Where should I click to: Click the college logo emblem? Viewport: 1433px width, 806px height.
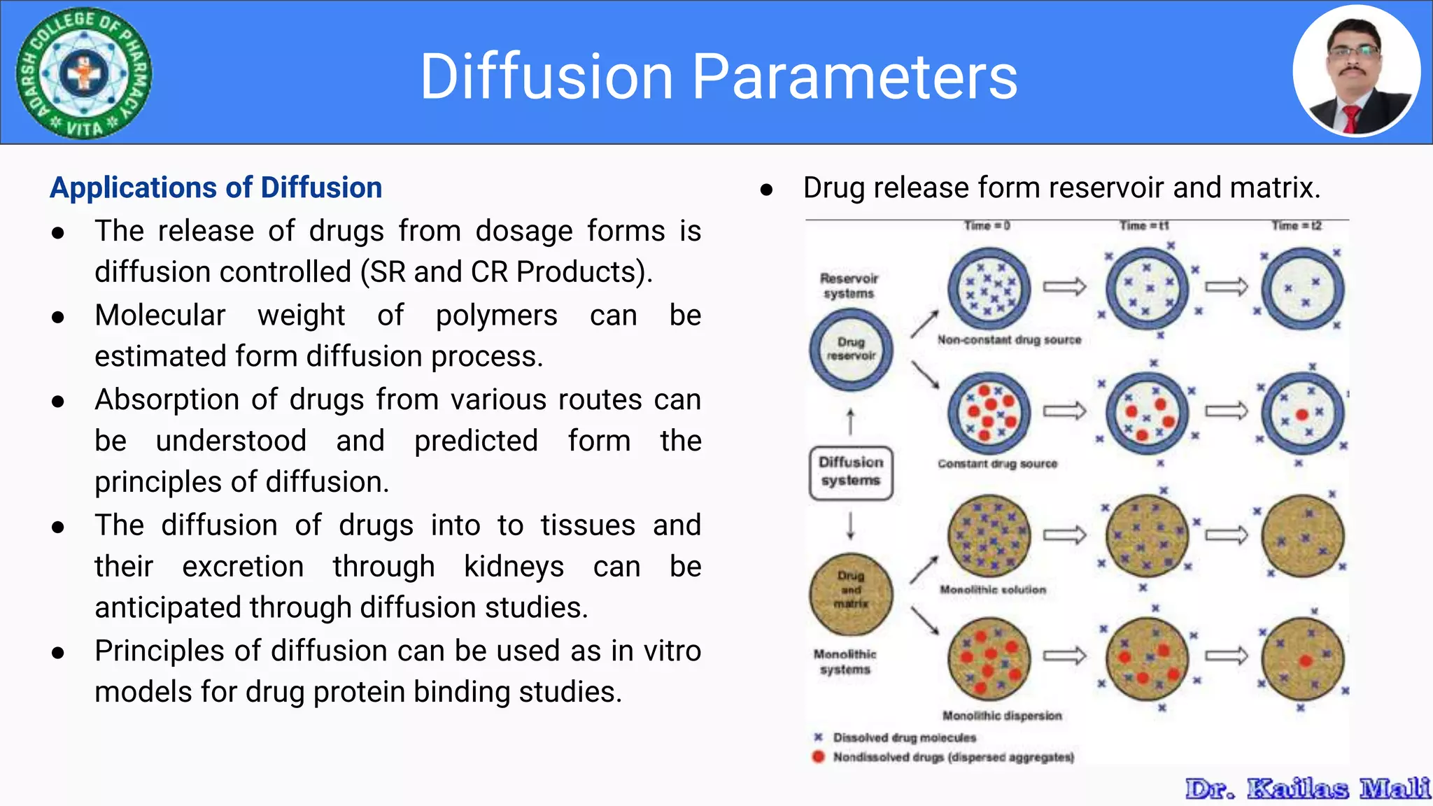pyautogui.click(x=84, y=73)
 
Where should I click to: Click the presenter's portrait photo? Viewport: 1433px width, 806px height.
pyautogui.click(x=1356, y=71)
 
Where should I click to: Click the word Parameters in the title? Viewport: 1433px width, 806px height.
pyautogui.click(x=854, y=77)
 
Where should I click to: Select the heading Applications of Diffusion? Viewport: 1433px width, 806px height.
pyautogui.click(x=216, y=188)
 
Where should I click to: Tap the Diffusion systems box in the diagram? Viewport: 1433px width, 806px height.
pyautogui.click(x=851, y=472)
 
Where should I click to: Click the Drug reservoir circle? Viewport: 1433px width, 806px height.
pyautogui.click(x=851, y=349)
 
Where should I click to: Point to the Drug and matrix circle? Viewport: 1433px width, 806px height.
pyautogui.click(x=851, y=594)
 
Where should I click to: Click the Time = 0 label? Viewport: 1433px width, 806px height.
pyautogui.click(x=987, y=226)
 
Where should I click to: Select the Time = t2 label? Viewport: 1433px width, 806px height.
pyautogui.click(x=1296, y=226)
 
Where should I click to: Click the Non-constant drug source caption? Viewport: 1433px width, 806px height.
pyautogui.click(x=1009, y=340)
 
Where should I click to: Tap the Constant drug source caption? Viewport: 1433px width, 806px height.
pyautogui.click(x=997, y=464)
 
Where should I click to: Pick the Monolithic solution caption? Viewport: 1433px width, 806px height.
pyautogui.click(x=993, y=590)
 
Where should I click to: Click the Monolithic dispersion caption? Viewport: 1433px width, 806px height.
pyautogui.click(x=1002, y=716)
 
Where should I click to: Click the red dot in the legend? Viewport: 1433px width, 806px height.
pyautogui.click(x=818, y=757)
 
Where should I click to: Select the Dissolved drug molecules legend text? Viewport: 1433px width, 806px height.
pyautogui.click(x=904, y=737)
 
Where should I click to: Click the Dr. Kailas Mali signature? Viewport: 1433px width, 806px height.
pyautogui.click(x=1307, y=789)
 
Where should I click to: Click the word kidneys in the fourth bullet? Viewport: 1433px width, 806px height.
pyautogui.click(x=514, y=567)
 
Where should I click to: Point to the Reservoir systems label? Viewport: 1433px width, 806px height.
pyautogui.click(x=848, y=285)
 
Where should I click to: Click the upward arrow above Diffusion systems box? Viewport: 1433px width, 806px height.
pyautogui.click(x=851, y=423)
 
